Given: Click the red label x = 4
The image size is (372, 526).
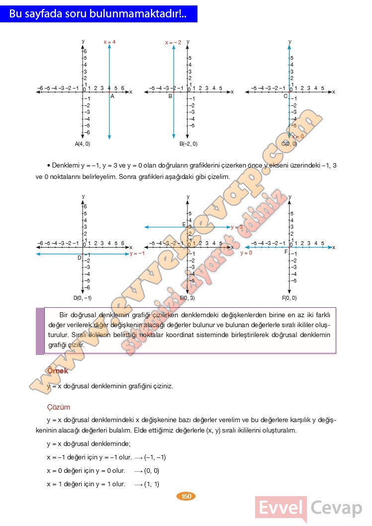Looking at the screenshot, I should pos(109,42).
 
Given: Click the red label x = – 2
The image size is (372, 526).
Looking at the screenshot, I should pos(173,43).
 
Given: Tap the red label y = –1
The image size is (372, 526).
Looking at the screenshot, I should pos(137,254).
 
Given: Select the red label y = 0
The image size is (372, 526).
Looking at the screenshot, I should pos(246,253).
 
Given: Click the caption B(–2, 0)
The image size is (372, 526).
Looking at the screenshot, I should pos(188,144).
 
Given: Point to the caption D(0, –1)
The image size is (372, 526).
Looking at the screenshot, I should pos(83,298).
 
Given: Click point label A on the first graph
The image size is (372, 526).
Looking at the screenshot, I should pos(112,96).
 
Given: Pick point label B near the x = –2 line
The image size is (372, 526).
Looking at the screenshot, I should pos(170,96).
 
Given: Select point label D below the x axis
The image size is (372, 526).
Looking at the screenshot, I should pos(79,258).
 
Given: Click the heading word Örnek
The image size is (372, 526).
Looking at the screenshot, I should pos(57,371).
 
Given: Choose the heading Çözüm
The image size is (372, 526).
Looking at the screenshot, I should pos(58,407).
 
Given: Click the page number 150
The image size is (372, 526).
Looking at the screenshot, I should pos(186,496).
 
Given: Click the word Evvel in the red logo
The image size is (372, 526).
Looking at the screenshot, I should pos(280,508).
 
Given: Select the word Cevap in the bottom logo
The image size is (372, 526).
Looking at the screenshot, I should pos(337,508).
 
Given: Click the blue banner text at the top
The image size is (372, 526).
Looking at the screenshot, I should pos(98,14).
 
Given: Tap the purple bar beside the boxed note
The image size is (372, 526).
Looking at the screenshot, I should pos(40,331).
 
